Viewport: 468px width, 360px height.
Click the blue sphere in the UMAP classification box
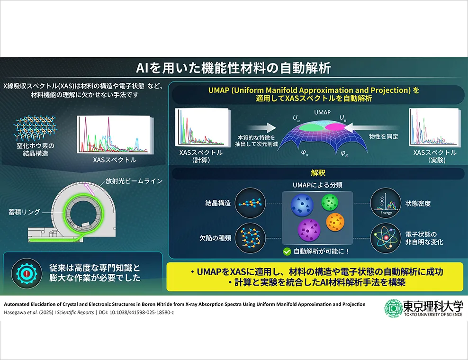click(302, 205)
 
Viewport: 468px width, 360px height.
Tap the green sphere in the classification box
click(330, 202)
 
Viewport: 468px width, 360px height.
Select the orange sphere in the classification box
click(335, 222)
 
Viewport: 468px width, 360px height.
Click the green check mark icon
click(287, 252)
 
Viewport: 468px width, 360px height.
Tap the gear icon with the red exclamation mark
click(27, 273)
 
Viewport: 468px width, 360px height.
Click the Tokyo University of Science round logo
click(393, 308)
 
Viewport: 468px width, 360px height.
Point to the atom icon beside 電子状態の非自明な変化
click(386, 238)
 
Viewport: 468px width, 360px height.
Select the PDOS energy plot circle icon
click(386, 203)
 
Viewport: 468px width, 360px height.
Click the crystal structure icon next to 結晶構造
click(250, 203)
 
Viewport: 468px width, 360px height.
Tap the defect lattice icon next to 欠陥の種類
click(250, 238)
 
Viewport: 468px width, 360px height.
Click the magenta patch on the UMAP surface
click(335, 127)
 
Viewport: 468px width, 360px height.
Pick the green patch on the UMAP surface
click(312, 127)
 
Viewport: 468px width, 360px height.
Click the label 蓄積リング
click(24, 212)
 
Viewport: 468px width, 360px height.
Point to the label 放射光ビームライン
click(134, 181)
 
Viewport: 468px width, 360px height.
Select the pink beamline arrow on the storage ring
click(90, 189)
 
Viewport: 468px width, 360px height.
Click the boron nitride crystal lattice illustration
click(36, 128)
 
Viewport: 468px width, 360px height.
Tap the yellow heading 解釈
click(318, 173)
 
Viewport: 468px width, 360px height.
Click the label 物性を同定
click(384, 137)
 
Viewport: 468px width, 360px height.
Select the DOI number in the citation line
click(142, 313)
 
